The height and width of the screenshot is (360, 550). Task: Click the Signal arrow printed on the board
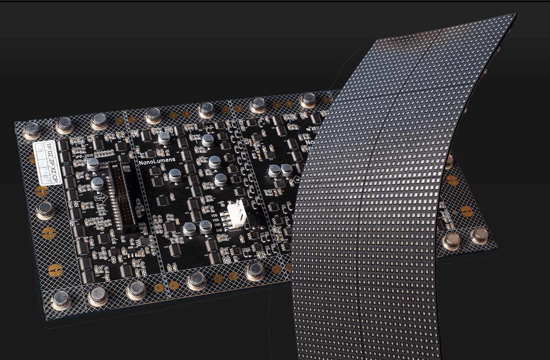click(x=102, y=197)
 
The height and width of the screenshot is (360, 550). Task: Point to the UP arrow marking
click(x=298, y=179)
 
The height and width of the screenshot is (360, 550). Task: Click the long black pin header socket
click(x=121, y=198)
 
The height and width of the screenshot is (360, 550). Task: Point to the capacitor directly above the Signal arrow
click(x=97, y=184)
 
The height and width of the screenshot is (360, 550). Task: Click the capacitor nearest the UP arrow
click(x=286, y=170)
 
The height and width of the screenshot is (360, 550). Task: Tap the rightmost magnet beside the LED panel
click(x=479, y=235)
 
